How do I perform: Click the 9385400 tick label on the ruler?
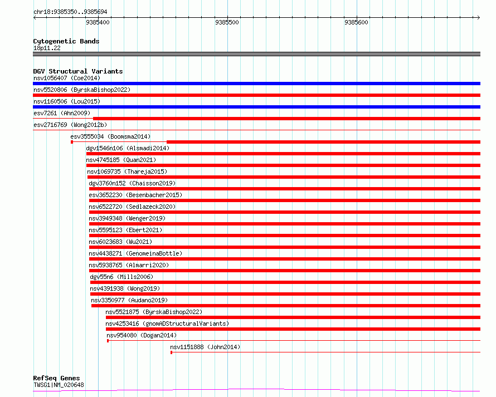98,22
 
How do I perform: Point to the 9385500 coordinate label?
227,22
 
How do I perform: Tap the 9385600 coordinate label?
356,22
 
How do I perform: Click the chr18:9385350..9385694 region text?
70,12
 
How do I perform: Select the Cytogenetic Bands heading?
66,41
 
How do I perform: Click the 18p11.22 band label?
47,48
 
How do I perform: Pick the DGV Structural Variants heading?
78,71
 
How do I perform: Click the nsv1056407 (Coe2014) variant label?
67,78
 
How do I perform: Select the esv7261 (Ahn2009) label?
62,113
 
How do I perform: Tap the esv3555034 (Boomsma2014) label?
110,136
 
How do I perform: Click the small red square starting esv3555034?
72,142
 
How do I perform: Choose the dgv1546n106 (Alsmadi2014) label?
128,148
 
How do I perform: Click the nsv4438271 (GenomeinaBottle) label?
135,253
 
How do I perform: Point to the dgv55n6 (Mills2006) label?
121,277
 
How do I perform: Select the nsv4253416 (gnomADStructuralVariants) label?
167,324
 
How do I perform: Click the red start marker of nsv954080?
108,341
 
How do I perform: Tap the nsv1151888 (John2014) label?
205,347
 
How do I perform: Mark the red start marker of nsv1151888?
172,352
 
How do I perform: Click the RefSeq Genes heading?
56,378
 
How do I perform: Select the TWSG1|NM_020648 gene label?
59,385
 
